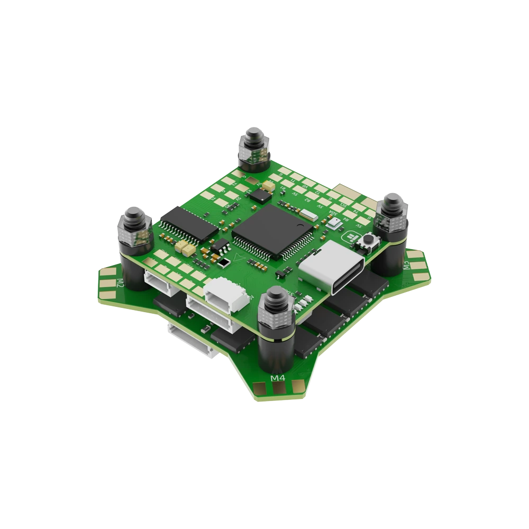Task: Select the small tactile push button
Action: pos(366,243)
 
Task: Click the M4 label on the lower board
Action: pos(278,378)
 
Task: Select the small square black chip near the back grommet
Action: pos(260,195)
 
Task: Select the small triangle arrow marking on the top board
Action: pos(224,261)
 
